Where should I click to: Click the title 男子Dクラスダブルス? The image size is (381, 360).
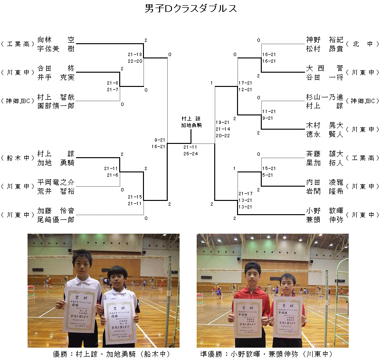pyautogui.click(x=190, y=9)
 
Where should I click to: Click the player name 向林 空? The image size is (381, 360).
pyautogui.click(x=56, y=40)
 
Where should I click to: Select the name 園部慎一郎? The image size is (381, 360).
pyautogui.click(x=56, y=105)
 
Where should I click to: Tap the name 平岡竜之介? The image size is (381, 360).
pyautogui.click(x=56, y=182)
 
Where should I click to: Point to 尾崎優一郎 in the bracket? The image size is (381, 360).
pyautogui.click(x=56, y=219)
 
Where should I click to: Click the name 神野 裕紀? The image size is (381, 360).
pyautogui.click(x=324, y=40)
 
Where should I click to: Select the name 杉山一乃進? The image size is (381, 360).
pyautogui.click(x=324, y=97)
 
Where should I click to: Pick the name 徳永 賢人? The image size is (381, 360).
pyautogui.click(x=324, y=134)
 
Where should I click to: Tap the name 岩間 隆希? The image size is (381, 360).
pyautogui.click(x=324, y=191)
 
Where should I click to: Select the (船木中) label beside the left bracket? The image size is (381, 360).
pyautogui.click(x=18, y=158)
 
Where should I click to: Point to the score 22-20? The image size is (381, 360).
pyautogui.click(x=135, y=61)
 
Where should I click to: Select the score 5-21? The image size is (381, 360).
pyautogui.click(x=267, y=174)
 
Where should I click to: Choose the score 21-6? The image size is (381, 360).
pyautogui.click(x=113, y=175)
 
